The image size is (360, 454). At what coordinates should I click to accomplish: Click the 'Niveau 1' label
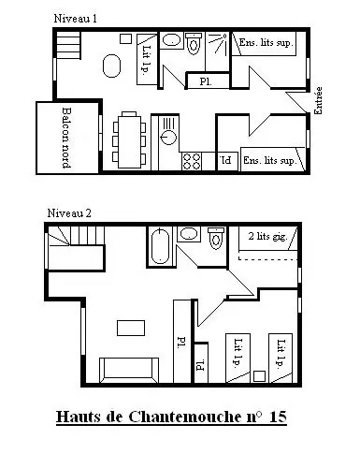tap(76, 19)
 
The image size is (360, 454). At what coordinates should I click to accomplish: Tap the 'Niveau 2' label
tap(69, 213)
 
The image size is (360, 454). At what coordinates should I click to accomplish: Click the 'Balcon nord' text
tap(66, 138)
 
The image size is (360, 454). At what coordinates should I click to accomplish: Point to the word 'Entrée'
tap(318, 100)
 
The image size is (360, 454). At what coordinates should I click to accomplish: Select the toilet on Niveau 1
tap(194, 43)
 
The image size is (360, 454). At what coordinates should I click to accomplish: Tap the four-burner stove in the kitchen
tap(192, 161)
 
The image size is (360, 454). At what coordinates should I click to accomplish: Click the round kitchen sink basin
tap(168, 137)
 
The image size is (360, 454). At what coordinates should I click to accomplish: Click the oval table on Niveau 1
tap(111, 66)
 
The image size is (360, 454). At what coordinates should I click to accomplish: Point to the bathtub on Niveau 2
tap(160, 246)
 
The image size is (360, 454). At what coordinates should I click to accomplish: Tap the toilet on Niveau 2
tap(216, 238)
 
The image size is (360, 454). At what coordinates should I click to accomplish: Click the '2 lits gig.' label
tap(267, 236)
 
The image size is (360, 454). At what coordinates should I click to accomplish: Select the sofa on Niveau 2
tap(129, 370)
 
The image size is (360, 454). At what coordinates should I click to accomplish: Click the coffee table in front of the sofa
tap(131, 328)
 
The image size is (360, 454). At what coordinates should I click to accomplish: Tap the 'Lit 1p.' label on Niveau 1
tap(147, 60)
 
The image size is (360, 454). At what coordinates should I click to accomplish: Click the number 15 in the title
tap(278, 417)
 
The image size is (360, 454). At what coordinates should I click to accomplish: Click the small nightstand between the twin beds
tap(259, 376)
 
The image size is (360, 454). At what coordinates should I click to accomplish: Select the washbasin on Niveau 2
tap(189, 234)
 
